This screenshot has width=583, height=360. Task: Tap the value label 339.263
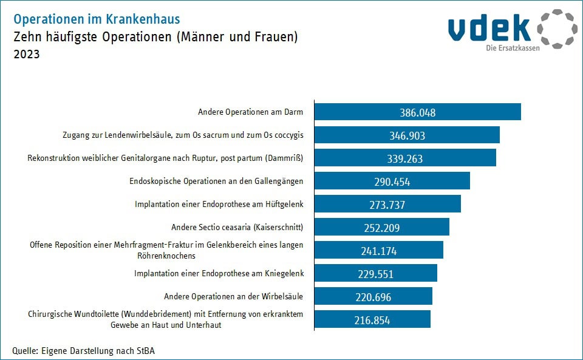point(404,158)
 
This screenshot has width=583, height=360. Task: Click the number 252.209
point(381,228)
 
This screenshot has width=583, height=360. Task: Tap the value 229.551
point(376,274)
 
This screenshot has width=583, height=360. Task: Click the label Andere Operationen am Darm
point(250,112)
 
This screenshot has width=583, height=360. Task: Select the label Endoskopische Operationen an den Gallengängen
point(216,181)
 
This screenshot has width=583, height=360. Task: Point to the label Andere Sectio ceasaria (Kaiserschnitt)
point(237,228)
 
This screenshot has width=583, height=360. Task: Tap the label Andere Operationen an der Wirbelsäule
point(234,296)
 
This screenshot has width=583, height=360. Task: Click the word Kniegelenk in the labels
point(284,274)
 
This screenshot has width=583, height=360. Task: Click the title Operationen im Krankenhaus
point(97,20)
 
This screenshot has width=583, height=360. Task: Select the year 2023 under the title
point(26,55)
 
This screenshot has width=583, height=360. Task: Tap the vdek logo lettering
point(490,28)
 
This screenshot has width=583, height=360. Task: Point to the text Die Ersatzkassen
point(513,48)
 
